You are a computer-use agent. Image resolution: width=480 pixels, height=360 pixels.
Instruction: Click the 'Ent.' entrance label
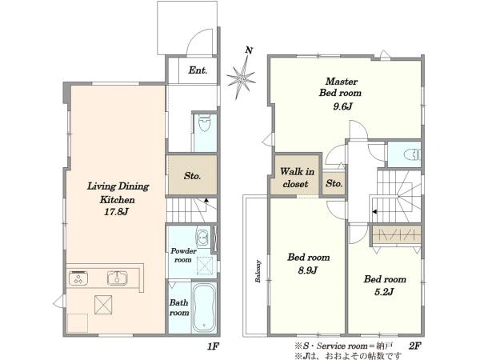pyautogui.click(x=198, y=70)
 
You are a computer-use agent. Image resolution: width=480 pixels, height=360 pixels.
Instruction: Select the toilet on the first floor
pyautogui.click(x=204, y=122)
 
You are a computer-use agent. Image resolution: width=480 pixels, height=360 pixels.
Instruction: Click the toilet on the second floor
pyautogui.click(x=412, y=154)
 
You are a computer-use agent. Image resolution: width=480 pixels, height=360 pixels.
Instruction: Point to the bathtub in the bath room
pyautogui.click(x=205, y=307)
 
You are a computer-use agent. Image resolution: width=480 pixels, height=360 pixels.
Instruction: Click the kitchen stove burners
pyautogui.click(x=78, y=278)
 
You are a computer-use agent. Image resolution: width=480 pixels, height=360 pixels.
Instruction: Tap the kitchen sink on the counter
pyautogui.click(x=118, y=278)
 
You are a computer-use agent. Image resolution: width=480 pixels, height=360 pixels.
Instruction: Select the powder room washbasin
pyautogui.click(x=202, y=237)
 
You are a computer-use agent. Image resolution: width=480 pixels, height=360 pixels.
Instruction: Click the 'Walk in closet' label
pyautogui.click(x=296, y=178)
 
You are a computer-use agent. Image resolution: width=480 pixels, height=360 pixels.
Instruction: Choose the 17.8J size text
pyautogui.click(x=116, y=212)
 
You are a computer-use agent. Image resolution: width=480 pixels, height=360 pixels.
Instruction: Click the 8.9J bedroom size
pyautogui.click(x=308, y=270)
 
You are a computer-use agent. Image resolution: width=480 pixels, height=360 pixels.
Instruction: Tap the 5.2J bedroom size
pyautogui.click(x=384, y=292)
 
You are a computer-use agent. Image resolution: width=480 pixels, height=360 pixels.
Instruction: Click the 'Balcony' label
pyautogui.click(x=258, y=271)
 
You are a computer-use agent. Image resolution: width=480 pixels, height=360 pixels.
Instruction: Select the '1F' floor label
pyautogui.click(x=213, y=346)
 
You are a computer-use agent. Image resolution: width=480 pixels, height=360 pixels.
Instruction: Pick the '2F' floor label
pyautogui.click(x=414, y=346)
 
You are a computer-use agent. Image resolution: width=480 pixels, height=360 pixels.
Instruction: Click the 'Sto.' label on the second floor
pyautogui.click(x=334, y=183)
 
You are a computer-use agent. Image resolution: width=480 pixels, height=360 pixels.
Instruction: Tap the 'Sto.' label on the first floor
pyautogui.click(x=192, y=176)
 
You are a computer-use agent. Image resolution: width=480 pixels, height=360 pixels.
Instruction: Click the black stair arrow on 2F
pyautogui.click(x=374, y=211)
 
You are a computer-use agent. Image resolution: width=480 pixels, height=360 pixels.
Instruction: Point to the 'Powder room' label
pyautogui.click(x=183, y=255)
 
